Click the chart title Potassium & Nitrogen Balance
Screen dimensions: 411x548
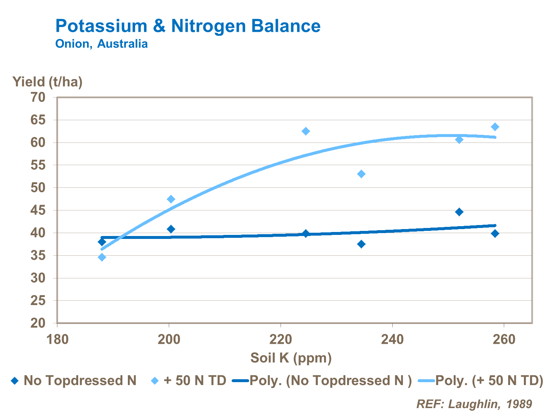(188, 26)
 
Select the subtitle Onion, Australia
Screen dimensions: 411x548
(102, 44)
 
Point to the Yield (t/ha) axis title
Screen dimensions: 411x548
(47, 81)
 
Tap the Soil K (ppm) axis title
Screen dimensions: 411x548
(291, 358)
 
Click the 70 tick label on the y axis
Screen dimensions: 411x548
(38, 97)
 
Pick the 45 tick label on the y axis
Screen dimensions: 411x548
(38, 210)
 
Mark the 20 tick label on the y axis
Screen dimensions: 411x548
(38, 323)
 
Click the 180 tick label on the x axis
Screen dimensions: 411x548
(57, 339)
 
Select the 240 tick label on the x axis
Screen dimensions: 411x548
(392, 339)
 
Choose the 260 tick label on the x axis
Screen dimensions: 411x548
(504, 339)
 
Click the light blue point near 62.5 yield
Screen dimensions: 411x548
(306, 131)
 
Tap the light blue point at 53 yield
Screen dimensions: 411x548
(361, 174)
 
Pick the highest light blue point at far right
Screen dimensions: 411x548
(495, 127)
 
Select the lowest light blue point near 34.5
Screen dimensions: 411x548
(102, 257)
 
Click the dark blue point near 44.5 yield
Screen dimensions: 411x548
(459, 212)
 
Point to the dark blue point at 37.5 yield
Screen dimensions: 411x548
(361, 244)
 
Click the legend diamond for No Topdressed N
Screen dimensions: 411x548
(15, 381)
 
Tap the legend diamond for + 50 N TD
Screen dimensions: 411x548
(155, 381)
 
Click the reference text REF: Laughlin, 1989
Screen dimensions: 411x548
(474, 404)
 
